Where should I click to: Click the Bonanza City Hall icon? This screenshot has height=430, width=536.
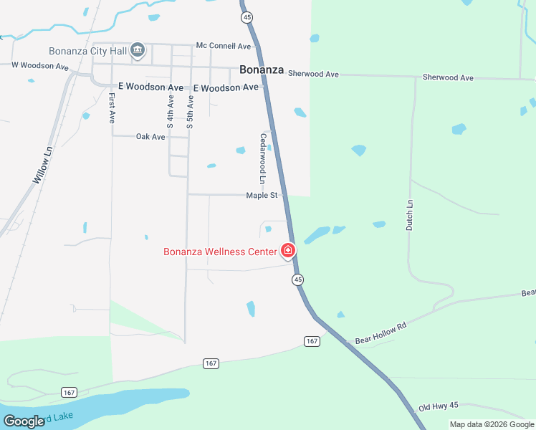coord(138,50)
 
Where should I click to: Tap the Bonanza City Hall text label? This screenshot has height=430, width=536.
coord(87,51)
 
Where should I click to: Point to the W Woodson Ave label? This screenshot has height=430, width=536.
coord(39,66)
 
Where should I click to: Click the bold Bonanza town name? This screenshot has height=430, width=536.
coord(262,70)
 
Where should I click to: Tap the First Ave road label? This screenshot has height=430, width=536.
coord(113,107)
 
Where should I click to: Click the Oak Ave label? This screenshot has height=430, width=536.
coord(150,136)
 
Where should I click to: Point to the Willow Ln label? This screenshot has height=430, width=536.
coord(44,166)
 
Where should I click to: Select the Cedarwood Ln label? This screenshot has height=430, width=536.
coord(263,156)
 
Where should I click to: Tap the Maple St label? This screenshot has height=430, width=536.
coord(262,195)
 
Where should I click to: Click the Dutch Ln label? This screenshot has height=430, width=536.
coord(411,214)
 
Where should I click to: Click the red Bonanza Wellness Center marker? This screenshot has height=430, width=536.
coord(288,250)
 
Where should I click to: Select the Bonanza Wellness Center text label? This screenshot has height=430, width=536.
coord(220,252)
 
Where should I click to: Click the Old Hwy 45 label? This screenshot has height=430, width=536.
coord(439,406)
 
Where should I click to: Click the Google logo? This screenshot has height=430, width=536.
coord(24,421)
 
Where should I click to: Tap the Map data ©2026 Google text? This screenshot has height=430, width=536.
coord(492,424)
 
